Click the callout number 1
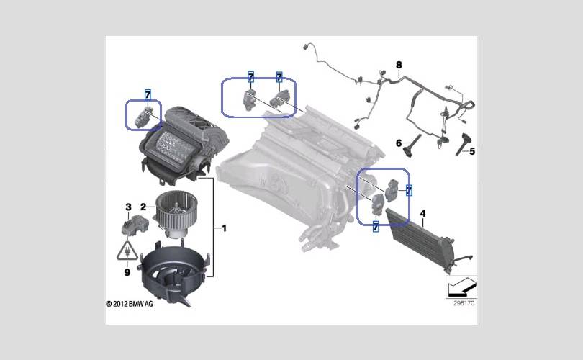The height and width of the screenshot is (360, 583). coord(224,228)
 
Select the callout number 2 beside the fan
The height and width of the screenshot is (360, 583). coord(143,207)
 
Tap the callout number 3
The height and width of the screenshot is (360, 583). coord(128,207)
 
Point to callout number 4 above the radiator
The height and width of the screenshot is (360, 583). coord(422,214)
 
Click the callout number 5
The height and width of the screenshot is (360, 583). coord(472,151)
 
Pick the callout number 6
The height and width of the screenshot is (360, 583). coord(399,143)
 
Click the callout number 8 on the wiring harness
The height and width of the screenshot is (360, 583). coord(399,65)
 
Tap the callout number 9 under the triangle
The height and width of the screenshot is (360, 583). coord(127,273)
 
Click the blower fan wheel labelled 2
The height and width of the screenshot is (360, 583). coord(176,214)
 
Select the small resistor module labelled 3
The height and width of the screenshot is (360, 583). coord(135,225)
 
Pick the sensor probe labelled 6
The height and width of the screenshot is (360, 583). coord(412,145)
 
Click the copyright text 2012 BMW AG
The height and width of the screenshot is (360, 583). coord(130,304)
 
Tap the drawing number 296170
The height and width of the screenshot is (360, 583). coord(464,303)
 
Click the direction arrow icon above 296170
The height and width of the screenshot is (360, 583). coord(461,287)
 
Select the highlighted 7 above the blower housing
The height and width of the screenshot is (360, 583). coord(148,94)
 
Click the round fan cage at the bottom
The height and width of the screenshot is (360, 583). coord(173,271)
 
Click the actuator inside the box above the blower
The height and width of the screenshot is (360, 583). coord(144,117)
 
